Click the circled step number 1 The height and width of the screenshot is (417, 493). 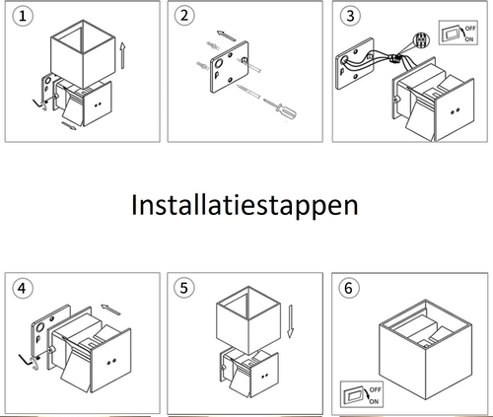(x=23, y=16)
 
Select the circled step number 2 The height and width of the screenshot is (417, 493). (x=184, y=16)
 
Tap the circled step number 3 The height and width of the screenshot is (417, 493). (x=350, y=16)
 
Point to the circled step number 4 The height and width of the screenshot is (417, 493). (x=23, y=288)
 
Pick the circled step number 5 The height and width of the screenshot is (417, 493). (x=184, y=288)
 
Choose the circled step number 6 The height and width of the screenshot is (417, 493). (x=349, y=288)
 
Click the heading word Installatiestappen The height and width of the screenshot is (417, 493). (x=245, y=206)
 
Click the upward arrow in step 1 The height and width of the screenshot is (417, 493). (x=122, y=55)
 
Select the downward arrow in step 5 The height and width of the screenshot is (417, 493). (x=290, y=321)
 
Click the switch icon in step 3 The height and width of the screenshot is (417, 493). (x=458, y=33)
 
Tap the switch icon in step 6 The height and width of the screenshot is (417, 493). (x=362, y=394)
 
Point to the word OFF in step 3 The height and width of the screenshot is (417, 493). (x=470, y=29)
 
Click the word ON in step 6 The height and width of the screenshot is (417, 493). (x=374, y=401)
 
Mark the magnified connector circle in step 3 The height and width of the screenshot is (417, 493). (x=421, y=41)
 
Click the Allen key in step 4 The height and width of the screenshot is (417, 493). (x=29, y=361)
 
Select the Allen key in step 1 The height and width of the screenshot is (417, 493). (x=40, y=104)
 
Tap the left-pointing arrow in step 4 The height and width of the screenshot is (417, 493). (x=110, y=310)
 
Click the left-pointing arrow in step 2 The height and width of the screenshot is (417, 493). (x=227, y=35)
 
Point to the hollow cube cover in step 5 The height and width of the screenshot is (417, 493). (x=248, y=320)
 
